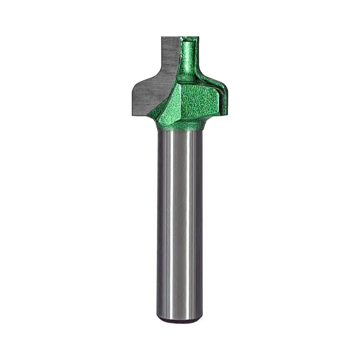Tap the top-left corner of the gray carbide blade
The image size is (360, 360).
[163, 37]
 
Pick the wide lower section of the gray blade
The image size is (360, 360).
[144, 98]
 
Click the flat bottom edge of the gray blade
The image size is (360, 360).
[139, 115]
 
